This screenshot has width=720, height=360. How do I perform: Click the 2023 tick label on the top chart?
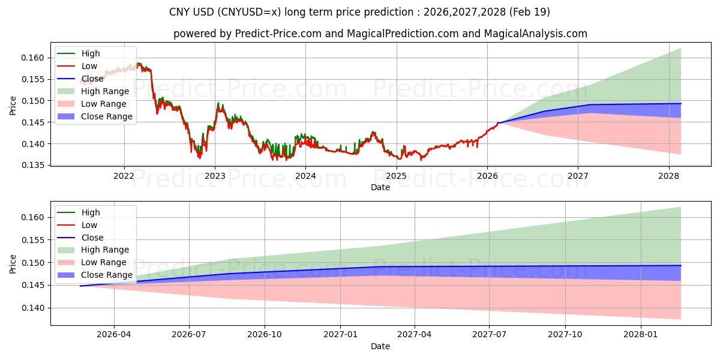coord(215,176)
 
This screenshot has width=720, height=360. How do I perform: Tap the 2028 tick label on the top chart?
coord(668,176)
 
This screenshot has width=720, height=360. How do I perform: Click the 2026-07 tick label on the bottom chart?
coord(189,335)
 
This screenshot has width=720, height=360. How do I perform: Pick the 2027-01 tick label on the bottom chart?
coord(340,335)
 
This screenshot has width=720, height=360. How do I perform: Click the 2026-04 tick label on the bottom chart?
coord(114,335)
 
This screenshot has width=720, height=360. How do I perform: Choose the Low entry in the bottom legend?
coord(89,225)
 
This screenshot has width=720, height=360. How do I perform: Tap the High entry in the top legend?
coord(90,53)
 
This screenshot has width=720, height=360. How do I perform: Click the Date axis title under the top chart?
coord(380,187)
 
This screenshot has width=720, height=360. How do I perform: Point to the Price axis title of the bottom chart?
coord(13,263)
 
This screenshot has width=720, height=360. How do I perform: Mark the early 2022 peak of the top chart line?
coord(139,63)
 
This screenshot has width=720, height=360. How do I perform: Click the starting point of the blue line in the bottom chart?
coord(80,286)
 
